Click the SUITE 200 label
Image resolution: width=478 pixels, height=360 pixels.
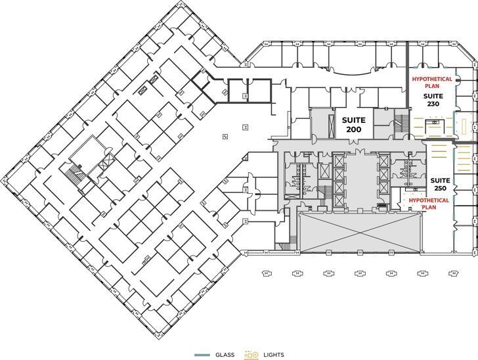(353, 125)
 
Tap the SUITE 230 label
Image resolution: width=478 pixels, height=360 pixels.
(433, 100)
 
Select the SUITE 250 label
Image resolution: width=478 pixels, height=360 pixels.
(439, 184)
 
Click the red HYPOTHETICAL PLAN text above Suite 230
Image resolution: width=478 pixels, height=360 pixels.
(431, 82)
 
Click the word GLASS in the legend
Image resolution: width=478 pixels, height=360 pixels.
(225, 355)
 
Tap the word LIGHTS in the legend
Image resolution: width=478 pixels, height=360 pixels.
(273, 355)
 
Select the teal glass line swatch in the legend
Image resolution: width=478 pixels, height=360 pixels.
(202, 355)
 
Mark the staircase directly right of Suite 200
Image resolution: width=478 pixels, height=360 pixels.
(399, 121)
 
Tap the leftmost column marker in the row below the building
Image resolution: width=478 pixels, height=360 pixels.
(267, 273)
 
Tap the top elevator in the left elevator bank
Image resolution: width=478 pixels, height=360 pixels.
(338, 160)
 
